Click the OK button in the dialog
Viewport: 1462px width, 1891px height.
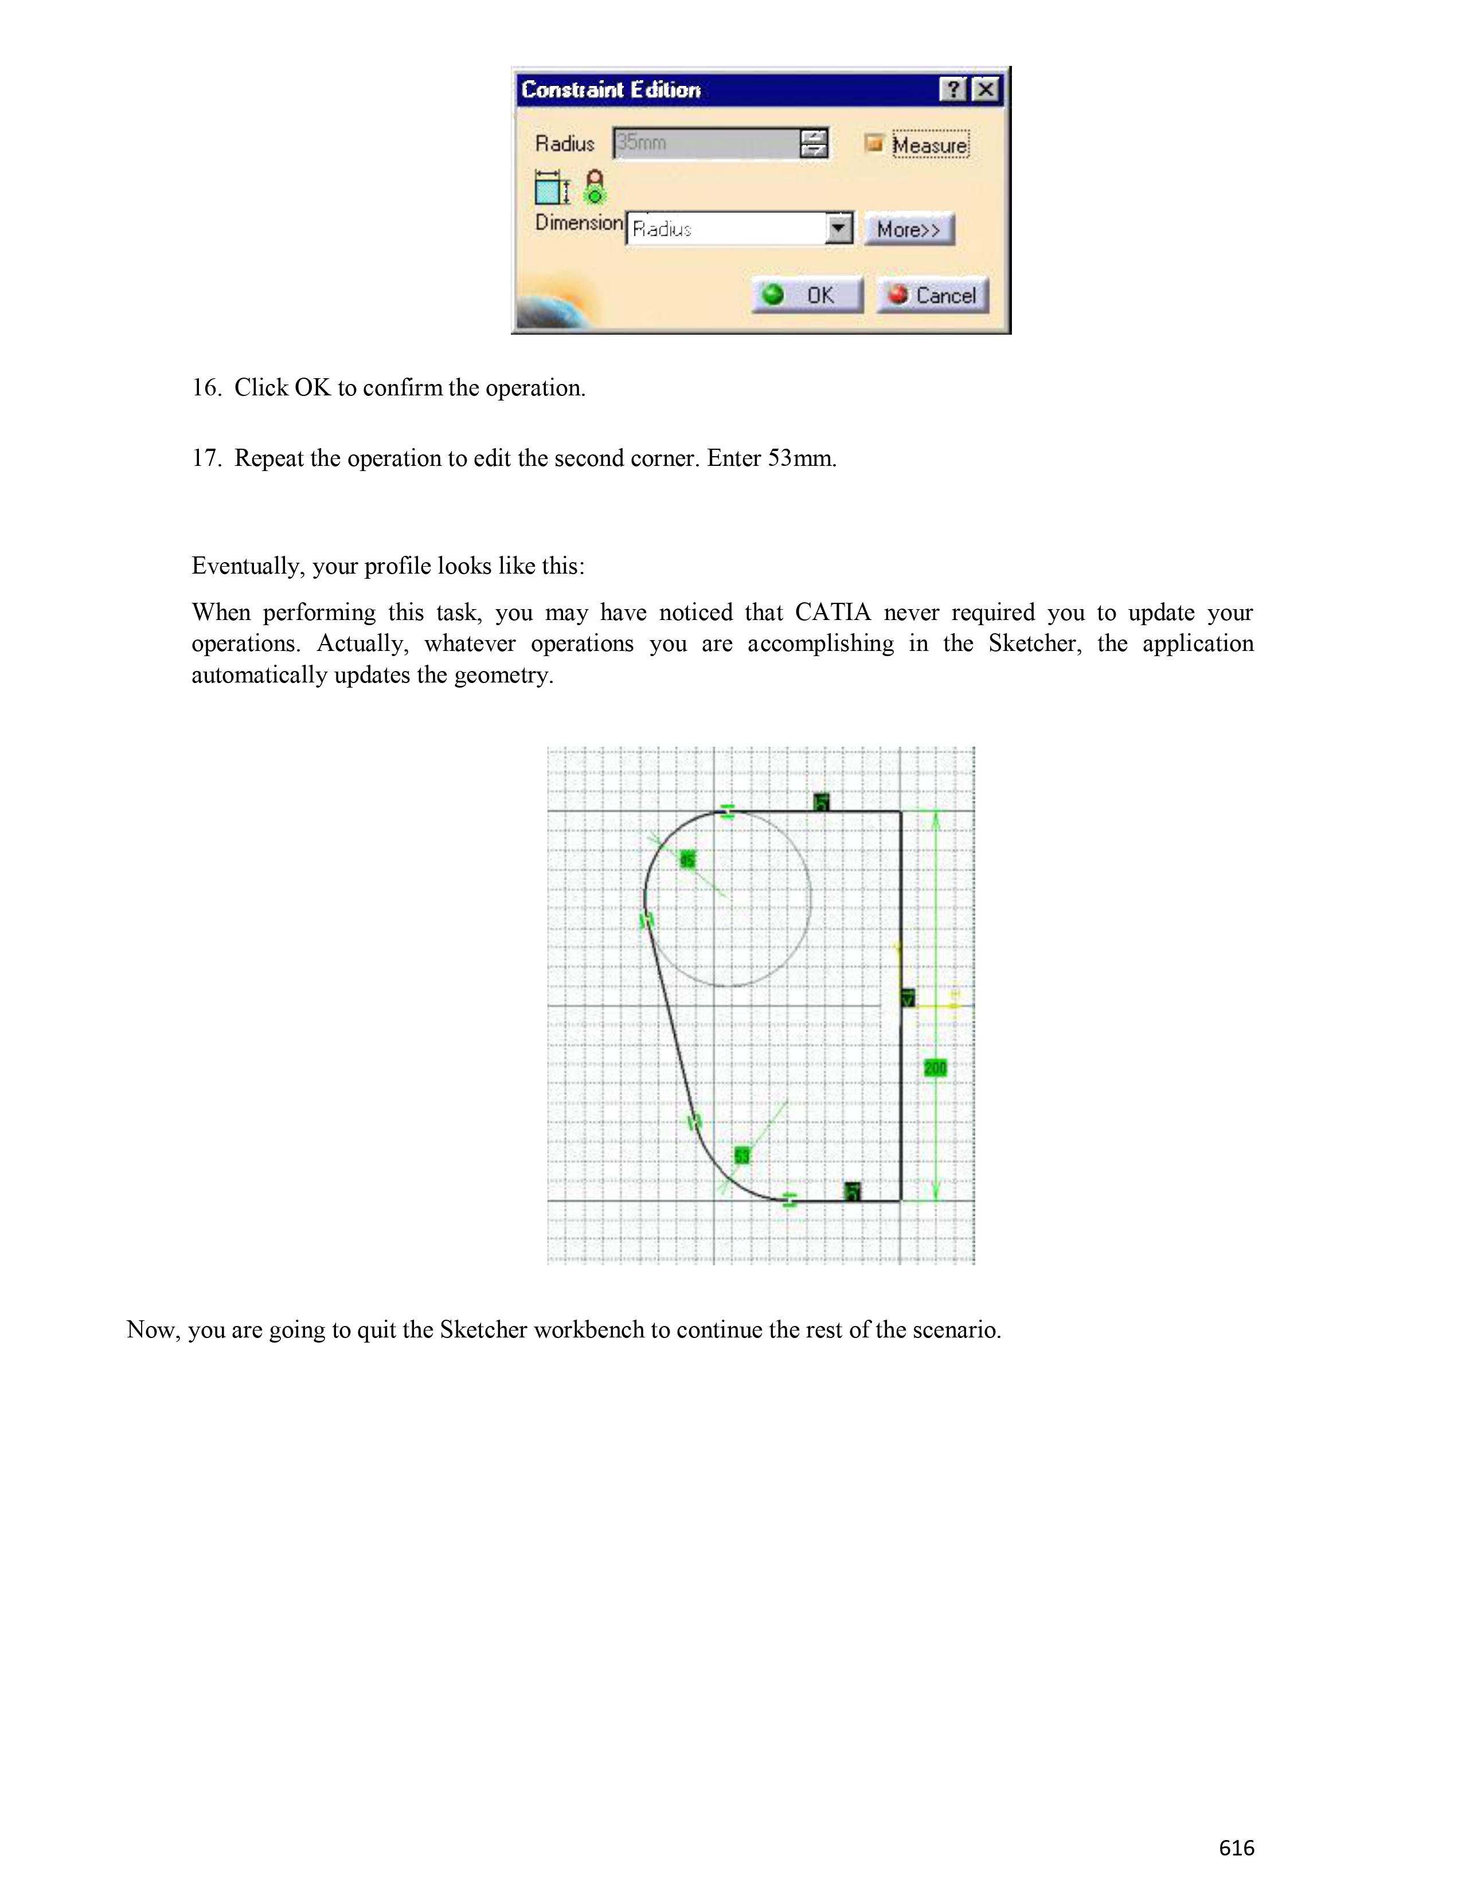click(x=807, y=295)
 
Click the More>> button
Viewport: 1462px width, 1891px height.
click(x=909, y=229)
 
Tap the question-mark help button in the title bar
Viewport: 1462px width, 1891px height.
click(x=953, y=89)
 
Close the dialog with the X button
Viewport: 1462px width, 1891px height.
click(x=985, y=89)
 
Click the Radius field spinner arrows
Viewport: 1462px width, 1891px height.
click(x=814, y=143)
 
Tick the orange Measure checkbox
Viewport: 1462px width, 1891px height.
click(x=874, y=144)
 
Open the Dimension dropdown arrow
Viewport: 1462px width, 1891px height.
click(x=838, y=229)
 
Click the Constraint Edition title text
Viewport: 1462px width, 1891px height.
click(x=611, y=90)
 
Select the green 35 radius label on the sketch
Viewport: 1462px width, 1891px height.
click(x=687, y=860)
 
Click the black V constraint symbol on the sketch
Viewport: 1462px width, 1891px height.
click(x=908, y=998)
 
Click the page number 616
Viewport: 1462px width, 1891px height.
click(x=1236, y=1847)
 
